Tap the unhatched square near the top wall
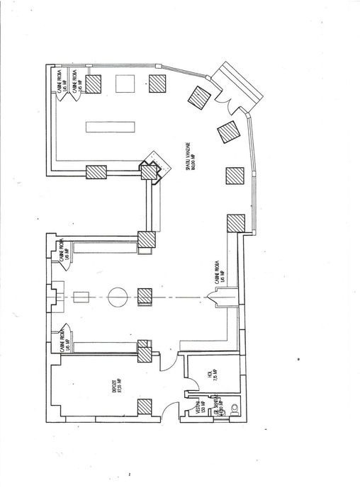point(125,83)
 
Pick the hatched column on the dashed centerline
point(145,296)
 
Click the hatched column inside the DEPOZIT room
point(145,406)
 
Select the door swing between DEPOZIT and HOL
point(167,363)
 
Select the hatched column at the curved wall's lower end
point(235,222)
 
